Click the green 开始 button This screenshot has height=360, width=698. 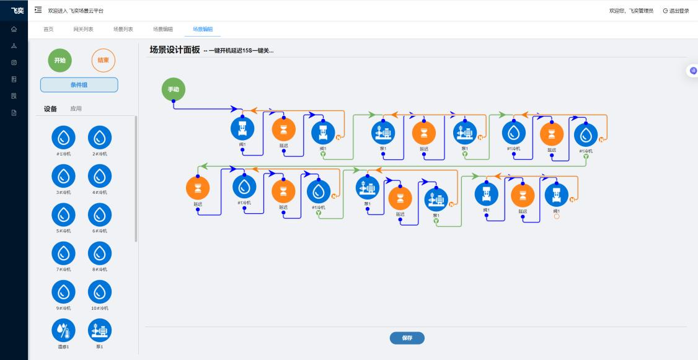[x=60, y=60]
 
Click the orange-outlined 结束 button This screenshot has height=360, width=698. [x=103, y=60]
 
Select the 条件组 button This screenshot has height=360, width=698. [x=79, y=85]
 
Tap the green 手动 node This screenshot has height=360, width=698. [x=173, y=90]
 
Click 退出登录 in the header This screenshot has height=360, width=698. [x=676, y=11]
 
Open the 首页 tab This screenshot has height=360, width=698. [x=48, y=29]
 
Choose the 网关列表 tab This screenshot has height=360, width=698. [x=83, y=29]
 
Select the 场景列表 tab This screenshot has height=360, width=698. [x=123, y=29]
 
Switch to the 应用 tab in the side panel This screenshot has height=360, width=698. [x=76, y=109]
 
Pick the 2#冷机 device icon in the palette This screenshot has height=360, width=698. [x=100, y=137]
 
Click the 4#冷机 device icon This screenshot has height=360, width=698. [x=100, y=176]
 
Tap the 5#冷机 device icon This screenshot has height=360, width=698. [x=63, y=214]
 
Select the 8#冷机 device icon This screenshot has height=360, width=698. [x=100, y=253]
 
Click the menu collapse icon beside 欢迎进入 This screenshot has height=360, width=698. [x=38, y=11]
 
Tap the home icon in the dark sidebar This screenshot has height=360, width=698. [x=14, y=29]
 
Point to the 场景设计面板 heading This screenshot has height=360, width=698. [x=174, y=50]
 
